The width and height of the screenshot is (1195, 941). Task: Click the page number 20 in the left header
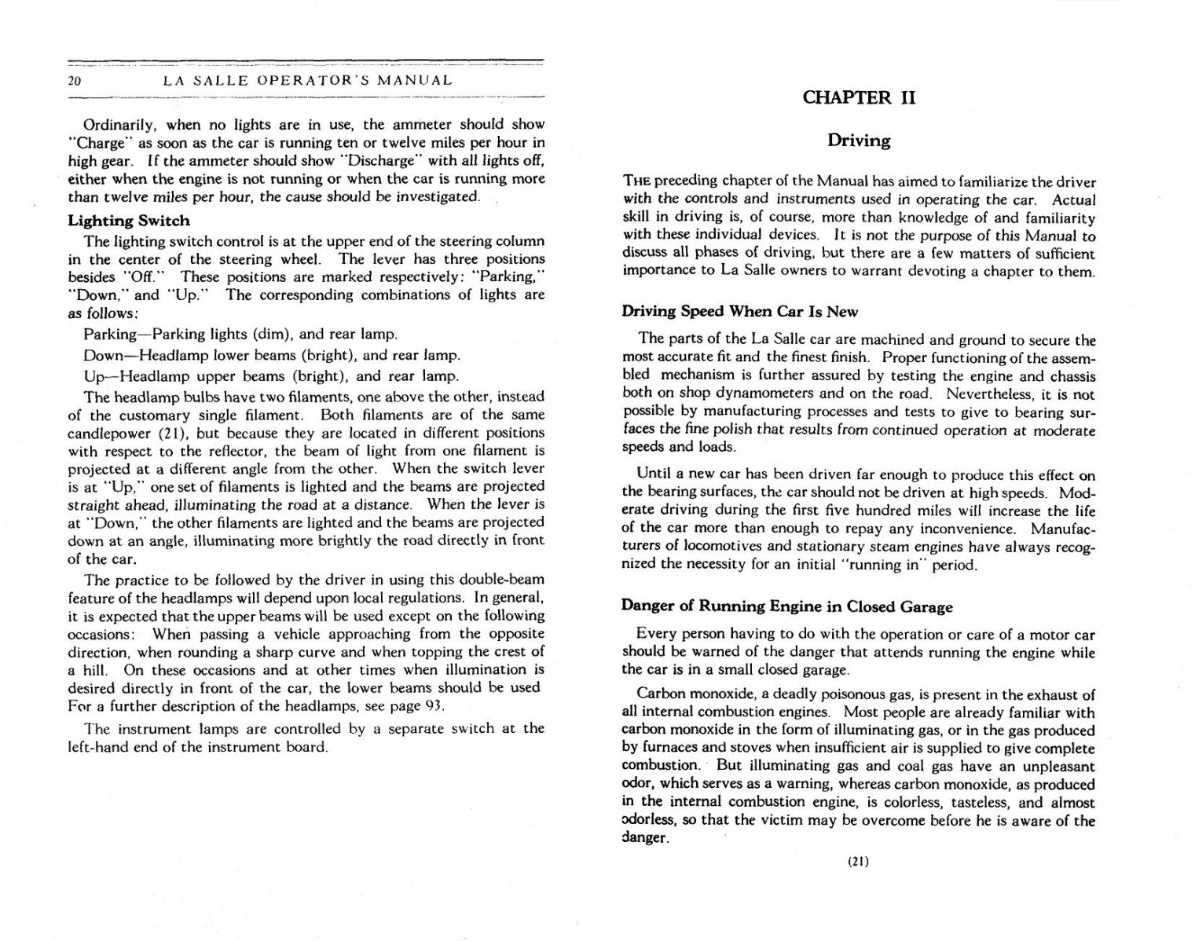75,81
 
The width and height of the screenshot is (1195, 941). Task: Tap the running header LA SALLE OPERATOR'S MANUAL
307,80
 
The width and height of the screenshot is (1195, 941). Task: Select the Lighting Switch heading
129,221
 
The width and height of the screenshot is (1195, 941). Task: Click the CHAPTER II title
859,97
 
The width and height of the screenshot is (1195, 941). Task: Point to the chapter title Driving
859,141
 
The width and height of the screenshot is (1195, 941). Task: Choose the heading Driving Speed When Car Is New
739,311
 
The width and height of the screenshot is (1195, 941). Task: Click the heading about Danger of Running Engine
786,606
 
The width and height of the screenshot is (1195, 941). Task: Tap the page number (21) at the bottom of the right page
858,861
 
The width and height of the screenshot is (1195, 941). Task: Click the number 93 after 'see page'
433,705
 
